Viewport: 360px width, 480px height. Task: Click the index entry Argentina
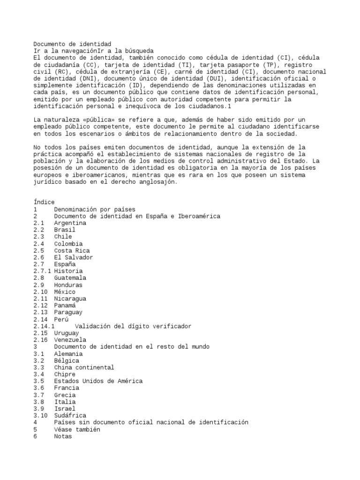tap(70, 223)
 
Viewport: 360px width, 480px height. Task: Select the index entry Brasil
tap(65, 230)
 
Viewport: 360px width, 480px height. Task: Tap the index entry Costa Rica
tap(72, 251)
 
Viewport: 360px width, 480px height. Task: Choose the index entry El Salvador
tap(73, 257)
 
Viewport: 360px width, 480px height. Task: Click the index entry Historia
tap(68, 271)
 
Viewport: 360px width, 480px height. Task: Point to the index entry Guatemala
tap(70, 278)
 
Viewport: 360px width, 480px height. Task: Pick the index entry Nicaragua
tap(70, 299)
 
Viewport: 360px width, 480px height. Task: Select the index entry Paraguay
tap(68, 312)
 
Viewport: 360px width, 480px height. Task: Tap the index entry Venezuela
tap(70, 339)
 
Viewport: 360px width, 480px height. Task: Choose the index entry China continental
tap(84, 367)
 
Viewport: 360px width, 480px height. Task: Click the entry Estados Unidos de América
tap(98, 381)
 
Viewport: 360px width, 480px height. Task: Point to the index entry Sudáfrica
tap(70, 415)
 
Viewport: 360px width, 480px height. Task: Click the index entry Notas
tap(63, 436)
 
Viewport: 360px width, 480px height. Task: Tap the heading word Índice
tap(44, 202)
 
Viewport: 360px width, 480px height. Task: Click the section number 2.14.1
tap(44, 326)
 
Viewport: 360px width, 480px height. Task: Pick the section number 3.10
tap(41, 415)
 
